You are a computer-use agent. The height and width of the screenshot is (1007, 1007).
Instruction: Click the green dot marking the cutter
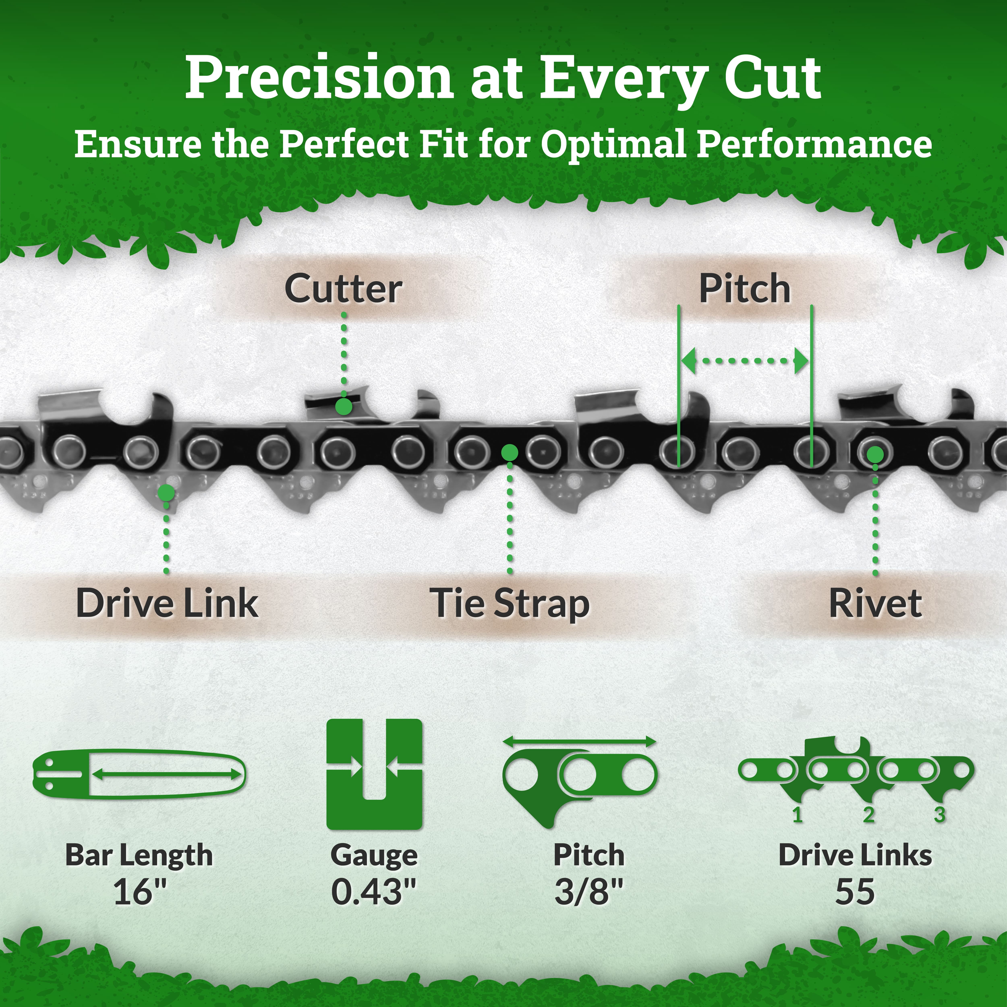[343, 407]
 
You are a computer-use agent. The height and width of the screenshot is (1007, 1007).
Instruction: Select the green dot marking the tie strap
[510, 452]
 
